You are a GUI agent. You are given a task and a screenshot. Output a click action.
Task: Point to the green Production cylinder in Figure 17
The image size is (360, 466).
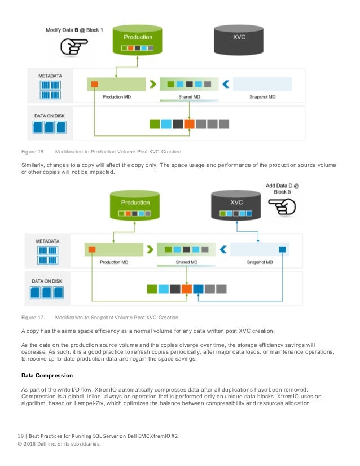[x=135, y=205]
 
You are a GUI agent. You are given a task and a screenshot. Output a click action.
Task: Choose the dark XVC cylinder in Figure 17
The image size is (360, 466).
[x=235, y=205]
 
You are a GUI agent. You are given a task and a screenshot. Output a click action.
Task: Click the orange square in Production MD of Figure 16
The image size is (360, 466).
[x=94, y=84]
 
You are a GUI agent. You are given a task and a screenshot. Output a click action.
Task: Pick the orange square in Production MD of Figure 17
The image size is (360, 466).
[x=92, y=249]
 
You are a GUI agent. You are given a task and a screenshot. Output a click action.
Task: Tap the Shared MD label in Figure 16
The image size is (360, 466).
[x=188, y=97]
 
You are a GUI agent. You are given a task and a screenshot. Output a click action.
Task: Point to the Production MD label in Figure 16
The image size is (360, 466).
[x=117, y=97]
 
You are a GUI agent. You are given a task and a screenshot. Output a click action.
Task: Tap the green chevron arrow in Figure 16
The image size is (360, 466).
[x=152, y=85]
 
